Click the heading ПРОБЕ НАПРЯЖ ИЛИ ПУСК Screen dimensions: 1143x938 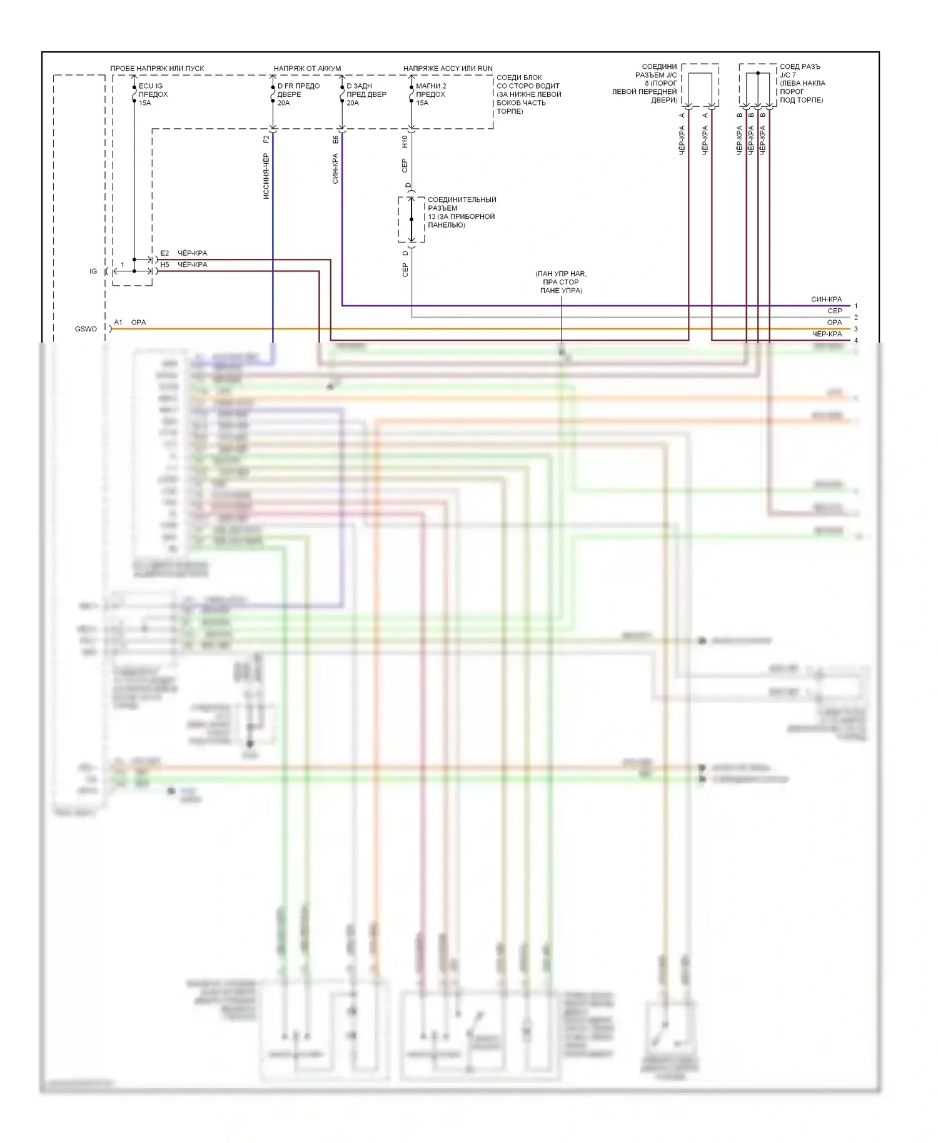[157, 68]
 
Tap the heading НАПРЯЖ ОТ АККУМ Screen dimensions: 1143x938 [307, 68]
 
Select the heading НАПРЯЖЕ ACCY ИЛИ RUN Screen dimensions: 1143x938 [448, 68]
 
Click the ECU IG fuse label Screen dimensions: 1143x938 [153, 94]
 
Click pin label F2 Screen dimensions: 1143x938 [266, 139]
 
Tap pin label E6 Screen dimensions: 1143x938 [336, 139]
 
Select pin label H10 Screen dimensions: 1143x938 [405, 141]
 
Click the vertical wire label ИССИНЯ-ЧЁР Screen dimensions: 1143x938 [266, 176]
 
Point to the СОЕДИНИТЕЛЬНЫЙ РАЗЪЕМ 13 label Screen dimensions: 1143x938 [461, 212]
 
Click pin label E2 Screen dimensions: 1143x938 [164, 253]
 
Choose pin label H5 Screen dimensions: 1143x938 [164, 264]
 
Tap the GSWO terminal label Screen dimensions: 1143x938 [86, 329]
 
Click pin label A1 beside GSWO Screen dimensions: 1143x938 [118, 322]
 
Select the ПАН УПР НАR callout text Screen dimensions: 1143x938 [561, 282]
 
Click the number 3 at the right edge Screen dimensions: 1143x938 [856, 329]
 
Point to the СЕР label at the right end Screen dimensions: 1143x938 [835, 311]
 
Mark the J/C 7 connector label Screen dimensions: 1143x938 [802, 83]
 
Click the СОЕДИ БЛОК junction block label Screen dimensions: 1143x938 [528, 94]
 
